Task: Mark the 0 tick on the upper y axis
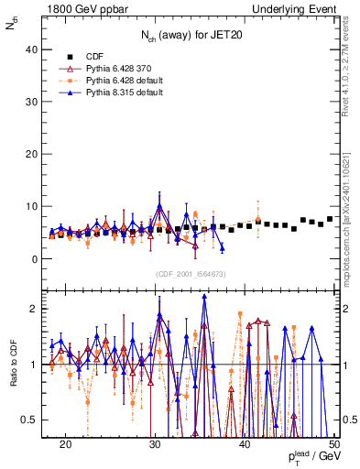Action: point(38,259)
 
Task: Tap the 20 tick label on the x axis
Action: point(66,443)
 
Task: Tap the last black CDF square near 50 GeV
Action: point(330,219)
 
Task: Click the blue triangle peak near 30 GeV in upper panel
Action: point(159,206)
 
